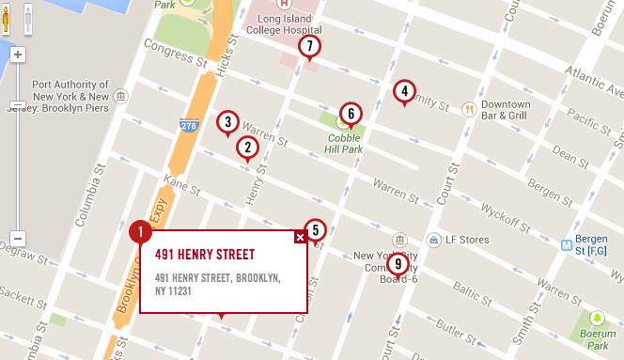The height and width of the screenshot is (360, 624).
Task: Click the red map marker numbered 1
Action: [140, 231]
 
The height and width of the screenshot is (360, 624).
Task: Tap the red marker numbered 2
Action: [247, 147]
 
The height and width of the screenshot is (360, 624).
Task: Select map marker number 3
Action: [226, 122]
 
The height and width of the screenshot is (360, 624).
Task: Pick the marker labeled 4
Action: [403, 91]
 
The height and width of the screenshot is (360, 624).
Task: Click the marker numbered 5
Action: [316, 229]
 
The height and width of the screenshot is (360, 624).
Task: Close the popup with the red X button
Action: [300, 237]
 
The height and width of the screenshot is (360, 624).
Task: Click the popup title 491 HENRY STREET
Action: [205, 255]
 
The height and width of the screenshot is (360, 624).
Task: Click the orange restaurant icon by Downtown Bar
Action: [468, 109]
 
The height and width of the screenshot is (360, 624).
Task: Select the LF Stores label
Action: [467, 240]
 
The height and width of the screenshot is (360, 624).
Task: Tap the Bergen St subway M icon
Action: [567, 244]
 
